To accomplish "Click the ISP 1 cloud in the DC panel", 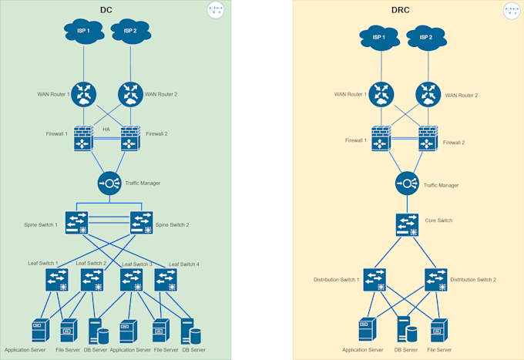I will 83,32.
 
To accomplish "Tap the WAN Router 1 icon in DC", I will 84,94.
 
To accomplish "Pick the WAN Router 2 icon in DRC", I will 428,95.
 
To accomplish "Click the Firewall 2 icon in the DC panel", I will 130,138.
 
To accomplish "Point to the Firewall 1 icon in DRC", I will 381,140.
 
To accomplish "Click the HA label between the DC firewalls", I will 106,130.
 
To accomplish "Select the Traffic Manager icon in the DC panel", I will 109,183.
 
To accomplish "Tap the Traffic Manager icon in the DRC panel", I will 407,183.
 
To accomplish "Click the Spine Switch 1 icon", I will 76,223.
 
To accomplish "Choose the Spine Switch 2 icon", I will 141,223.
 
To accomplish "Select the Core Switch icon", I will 407,224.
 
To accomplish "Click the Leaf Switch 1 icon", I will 56,279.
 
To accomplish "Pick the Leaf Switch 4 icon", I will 166,279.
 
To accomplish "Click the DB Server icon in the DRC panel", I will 407,330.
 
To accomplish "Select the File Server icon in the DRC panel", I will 438,330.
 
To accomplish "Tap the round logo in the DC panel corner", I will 216,10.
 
